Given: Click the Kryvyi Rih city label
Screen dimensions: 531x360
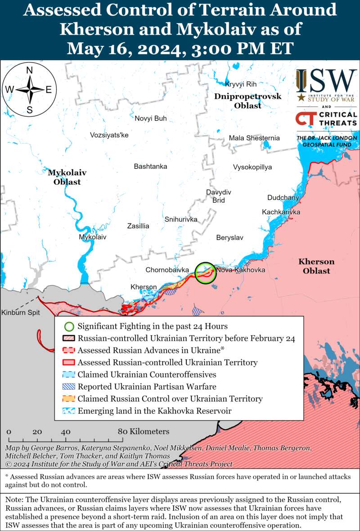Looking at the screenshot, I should (x=240, y=85).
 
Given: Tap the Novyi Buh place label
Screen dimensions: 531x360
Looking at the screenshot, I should (x=151, y=118).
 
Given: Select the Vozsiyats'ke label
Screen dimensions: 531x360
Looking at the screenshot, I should (x=109, y=135).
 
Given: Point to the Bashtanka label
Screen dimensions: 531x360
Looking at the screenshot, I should (x=150, y=167).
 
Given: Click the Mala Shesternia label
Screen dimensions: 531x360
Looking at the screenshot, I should (x=254, y=138).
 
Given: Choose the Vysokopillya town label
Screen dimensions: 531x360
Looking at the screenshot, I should (x=252, y=167).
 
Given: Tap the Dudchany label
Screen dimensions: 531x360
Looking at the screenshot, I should (x=283, y=198).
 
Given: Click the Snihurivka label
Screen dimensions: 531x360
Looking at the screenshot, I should (x=181, y=219).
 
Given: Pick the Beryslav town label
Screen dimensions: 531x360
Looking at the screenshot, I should (x=229, y=237).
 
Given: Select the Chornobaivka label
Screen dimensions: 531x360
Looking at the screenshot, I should (x=167, y=270).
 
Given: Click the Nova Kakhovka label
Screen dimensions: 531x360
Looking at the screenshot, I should (x=241, y=270).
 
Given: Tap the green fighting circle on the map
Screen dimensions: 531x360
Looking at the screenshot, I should (x=206, y=273).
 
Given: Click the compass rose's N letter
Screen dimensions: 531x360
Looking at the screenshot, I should (x=30, y=70).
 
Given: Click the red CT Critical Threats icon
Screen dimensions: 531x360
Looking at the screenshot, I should (x=306, y=119).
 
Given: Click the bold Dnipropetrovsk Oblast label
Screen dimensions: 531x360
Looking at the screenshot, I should (x=247, y=101).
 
